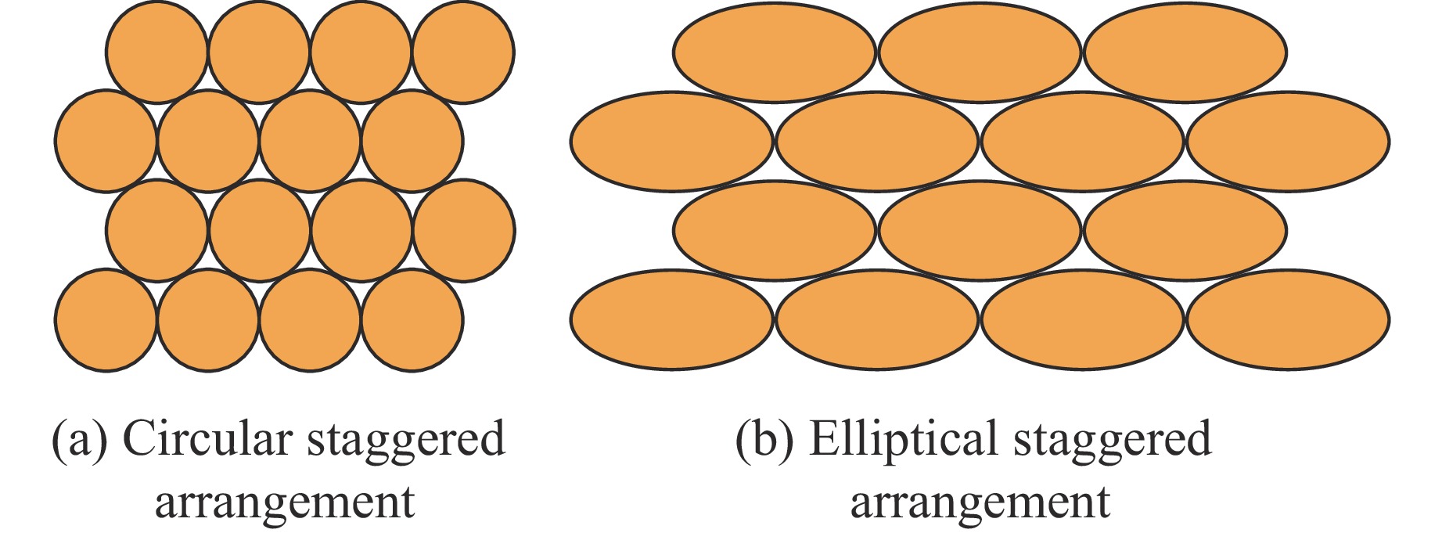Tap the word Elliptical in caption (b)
[x=903, y=438]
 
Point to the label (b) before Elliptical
[x=764, y=440]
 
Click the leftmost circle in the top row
[x=156, y=52]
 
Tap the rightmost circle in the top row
[x=463, y=52]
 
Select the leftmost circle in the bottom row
[x=106, y=319]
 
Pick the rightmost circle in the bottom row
[x=412, y=319]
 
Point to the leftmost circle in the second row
[x=106, y=141]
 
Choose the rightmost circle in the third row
[x=463, y=230]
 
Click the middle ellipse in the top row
[x=980, y=52]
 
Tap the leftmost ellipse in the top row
[x=775, y=52]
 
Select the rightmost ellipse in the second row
[x=1288, y=142]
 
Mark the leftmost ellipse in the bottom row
[x=671, y=319]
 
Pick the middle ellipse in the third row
[x=980, y=230]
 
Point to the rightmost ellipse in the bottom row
[x=1288, y=319]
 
